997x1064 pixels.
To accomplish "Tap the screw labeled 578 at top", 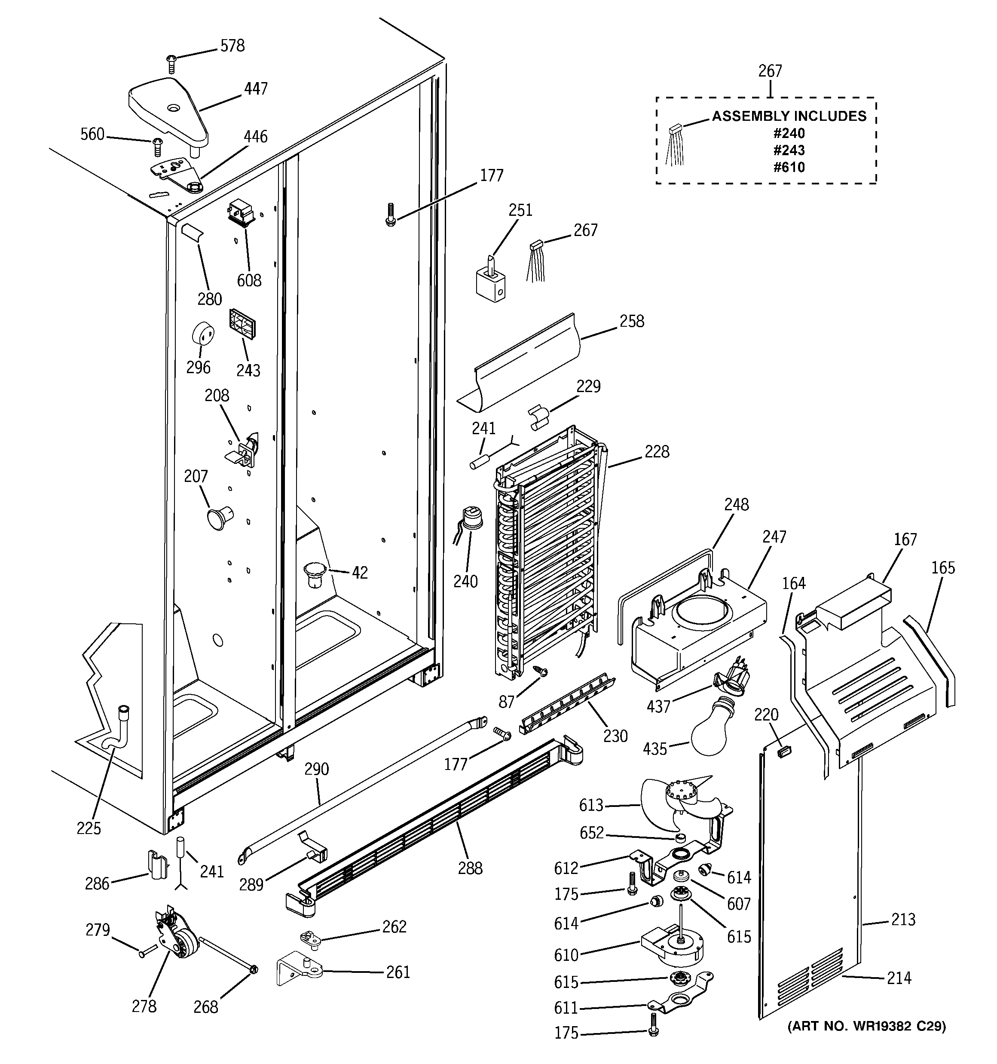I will point(171,63).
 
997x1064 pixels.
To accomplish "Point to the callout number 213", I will point(903,920).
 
